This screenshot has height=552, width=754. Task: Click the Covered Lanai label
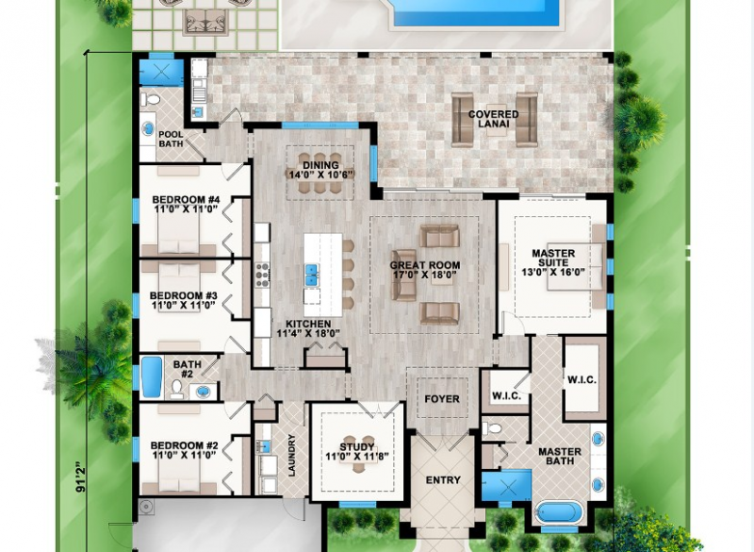click(x=494, y=120)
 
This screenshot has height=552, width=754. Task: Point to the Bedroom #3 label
click(x=183, y=301)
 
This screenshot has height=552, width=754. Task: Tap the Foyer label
click(x=442, y=399)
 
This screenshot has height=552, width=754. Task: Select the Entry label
click(x=443, y=480)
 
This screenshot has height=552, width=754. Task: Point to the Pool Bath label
click(x=171, y=140)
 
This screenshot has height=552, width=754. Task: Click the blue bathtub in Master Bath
click(x=561, y=513)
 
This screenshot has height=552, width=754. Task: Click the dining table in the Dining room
click(x=320, y=187)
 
